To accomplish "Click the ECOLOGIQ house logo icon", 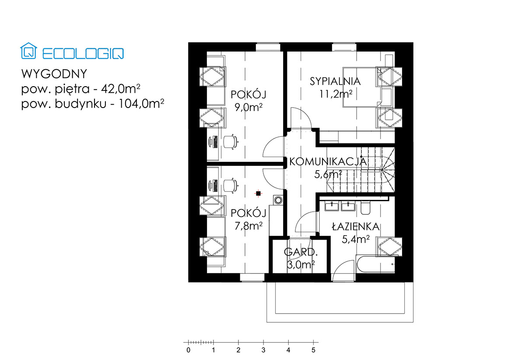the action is coord(28,51).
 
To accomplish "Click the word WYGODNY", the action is coord(54,74).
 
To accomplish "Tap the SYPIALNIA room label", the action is coord(335,81).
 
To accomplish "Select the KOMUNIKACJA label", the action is coord(328,162).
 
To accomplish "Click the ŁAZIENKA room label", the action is coord(356,227).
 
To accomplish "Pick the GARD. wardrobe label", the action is coord(301,252).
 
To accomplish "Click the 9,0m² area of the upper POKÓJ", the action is coord(248,107).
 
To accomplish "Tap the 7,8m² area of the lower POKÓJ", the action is coord(248,226).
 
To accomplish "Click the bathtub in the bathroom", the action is coord(375,264).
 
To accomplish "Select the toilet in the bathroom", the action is coord(365,207).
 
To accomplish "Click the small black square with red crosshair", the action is coord(258,193).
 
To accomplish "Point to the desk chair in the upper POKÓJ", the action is coord(231,142).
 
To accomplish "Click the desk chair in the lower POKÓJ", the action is coord(231,186).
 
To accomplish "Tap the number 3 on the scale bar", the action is coord(263,350).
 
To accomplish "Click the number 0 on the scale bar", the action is coord(189,350).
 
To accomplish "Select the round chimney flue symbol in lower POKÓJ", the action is coord(278,200).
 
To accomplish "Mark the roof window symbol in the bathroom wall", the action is coord(389,246).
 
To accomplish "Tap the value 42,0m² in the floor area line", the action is coord(120,89).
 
